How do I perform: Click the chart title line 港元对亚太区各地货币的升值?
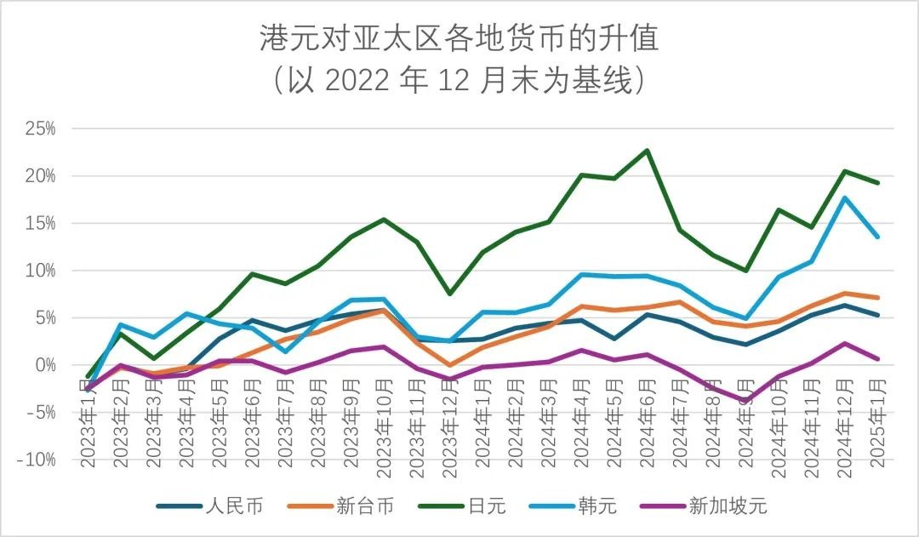(459, 38)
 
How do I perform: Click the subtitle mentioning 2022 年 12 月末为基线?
(459, 81)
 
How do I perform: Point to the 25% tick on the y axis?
(40, 129)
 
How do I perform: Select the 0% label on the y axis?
(44, 365)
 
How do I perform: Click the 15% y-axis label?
(40, 224)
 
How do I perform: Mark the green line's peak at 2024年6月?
(647, 151)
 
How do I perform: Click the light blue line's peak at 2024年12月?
(844, 197)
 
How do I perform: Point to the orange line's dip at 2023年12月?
(449, 365)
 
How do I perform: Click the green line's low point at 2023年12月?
(449, 294)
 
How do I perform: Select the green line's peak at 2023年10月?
(384, 220)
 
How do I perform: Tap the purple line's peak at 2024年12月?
(844, 344)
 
